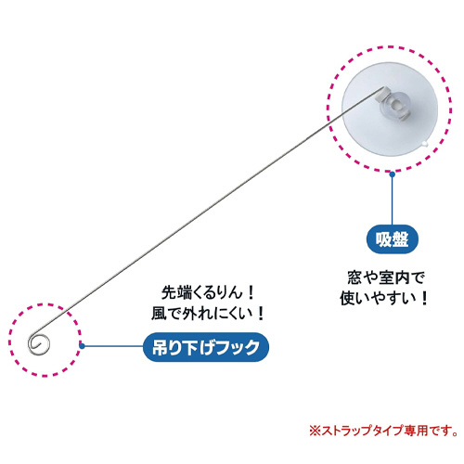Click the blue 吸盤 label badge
coord(392,239)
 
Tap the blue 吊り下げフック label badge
coord(206,347)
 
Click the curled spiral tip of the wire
coord(39,344)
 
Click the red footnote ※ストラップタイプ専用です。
coord(384,431)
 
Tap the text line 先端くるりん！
coord(208,292)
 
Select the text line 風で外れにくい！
coord(208,314)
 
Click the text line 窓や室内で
coord(386,277)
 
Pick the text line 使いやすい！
coord(383,298)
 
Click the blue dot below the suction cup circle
coord(393,174)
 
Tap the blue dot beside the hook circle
coord(82,346)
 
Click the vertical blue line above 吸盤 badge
coord(393,201)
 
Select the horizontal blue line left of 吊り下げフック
coord(113,346)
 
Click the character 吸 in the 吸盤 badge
coord(383,239)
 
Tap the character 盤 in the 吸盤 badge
coord(400,239)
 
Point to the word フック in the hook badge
coord(238,347)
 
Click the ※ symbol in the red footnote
coord(316,431)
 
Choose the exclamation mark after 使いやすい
coord(424,299)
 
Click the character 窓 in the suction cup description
coord(354,277)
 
